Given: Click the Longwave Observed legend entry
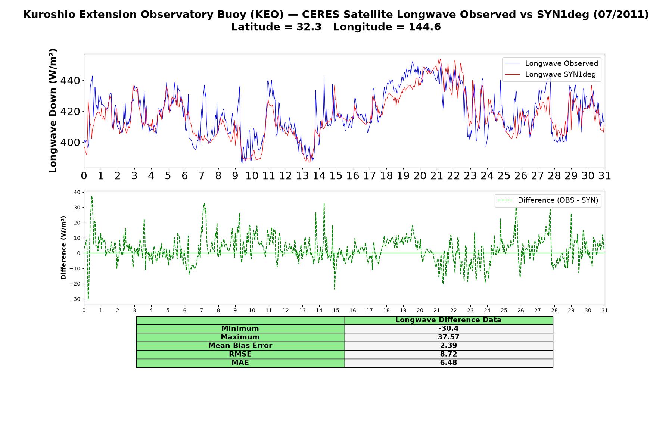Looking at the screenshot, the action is point(551,63).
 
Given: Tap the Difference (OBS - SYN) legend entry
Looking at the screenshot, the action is point(548,200).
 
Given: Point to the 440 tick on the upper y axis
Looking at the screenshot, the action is point(71,81).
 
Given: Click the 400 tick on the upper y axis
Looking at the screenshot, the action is point(71,142).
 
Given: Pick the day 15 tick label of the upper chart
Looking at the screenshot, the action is point(336,176).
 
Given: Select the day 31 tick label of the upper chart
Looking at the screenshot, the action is point(604,176).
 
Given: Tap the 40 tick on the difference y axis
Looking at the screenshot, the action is point(77,192).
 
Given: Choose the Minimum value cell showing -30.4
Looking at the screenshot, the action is point(448,329).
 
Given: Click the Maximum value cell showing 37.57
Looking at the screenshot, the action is point(448,337).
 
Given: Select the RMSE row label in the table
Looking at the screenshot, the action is point(240,354).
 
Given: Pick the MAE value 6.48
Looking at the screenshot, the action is point(448,363).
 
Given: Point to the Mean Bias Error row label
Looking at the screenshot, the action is point(240,346).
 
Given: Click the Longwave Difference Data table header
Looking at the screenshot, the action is point(448,320).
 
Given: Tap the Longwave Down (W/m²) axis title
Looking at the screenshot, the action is point(53,111).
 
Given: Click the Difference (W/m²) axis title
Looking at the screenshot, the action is point(63,248).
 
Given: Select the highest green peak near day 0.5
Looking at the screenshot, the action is point(92,196).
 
